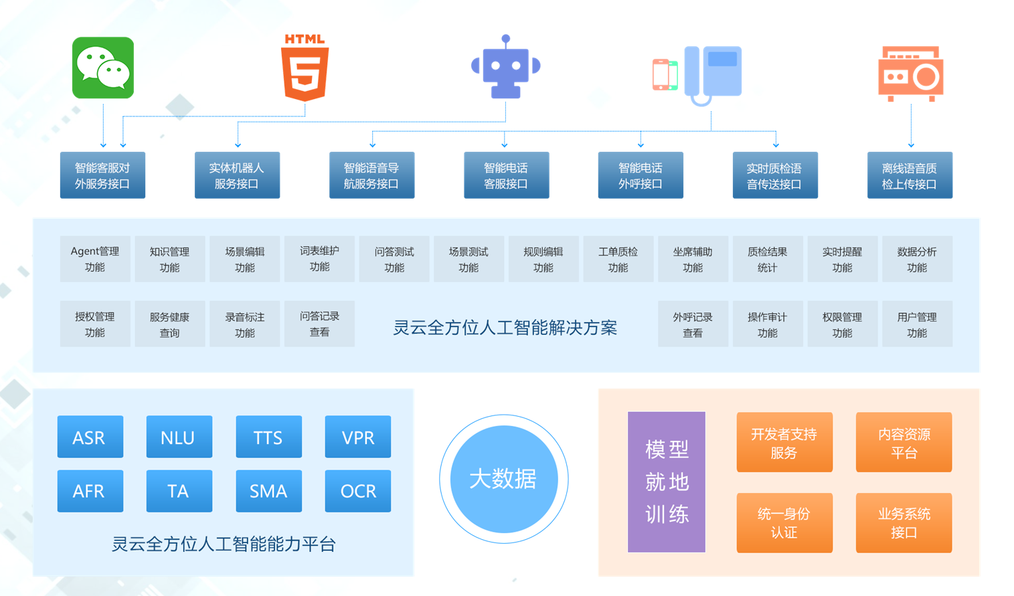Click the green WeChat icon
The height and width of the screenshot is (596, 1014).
103,68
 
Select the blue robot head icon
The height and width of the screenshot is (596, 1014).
505,68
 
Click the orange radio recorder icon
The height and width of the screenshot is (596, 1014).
910,74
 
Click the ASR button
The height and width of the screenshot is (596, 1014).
90,437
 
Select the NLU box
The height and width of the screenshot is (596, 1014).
179,437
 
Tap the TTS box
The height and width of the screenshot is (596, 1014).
268,437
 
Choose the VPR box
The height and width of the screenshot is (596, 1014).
357,437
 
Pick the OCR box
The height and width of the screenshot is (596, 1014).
357,491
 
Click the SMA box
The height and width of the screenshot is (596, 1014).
268,491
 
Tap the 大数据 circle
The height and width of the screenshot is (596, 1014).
503,479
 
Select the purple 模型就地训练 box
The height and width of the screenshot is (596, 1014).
666,482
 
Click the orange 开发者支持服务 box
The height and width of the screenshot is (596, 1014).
784,442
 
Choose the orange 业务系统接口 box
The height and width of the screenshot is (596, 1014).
904,522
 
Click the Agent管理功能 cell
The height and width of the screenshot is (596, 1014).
95,259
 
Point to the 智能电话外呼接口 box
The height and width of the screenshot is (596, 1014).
640,175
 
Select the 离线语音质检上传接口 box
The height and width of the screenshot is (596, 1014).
910,175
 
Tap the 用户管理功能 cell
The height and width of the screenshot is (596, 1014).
917,324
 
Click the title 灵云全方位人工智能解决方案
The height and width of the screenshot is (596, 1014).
505,328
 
